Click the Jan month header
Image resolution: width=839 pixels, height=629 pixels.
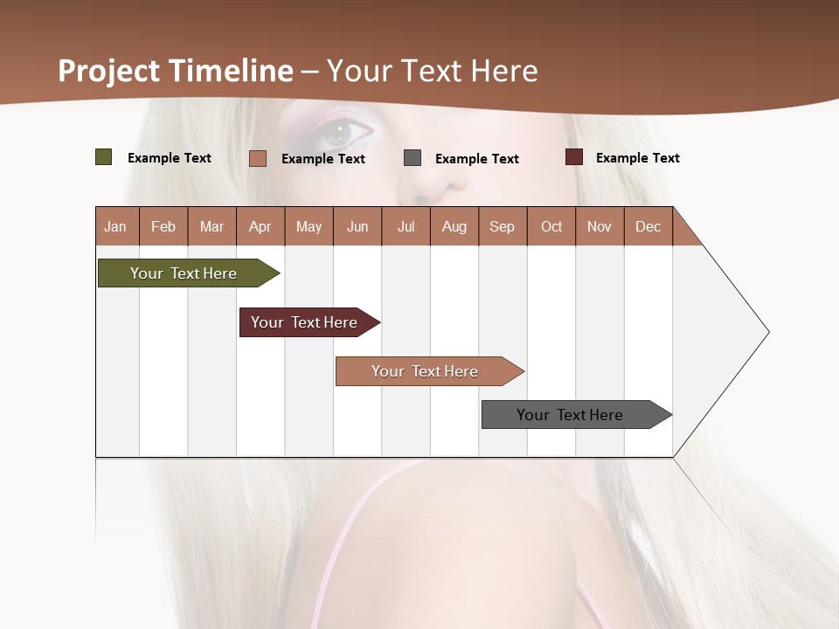[115, 226]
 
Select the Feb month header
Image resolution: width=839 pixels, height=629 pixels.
[163, 226]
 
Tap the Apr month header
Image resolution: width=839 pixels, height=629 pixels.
[260, 226]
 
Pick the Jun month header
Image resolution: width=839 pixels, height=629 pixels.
[357, 226]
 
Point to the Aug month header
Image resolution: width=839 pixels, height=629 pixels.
[454, 226]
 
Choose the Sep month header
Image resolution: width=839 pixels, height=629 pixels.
[502, 226]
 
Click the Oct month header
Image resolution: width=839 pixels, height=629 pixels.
[551, 226]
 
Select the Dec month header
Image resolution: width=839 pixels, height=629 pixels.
[648, 226]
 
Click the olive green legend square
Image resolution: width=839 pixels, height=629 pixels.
[104, 157]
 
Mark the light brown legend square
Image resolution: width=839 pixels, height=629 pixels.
[258, 158]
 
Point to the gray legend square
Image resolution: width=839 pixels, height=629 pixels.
[413, 158]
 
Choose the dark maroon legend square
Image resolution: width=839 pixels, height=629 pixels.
[574, 157]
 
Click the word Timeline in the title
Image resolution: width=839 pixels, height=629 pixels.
[231, 71]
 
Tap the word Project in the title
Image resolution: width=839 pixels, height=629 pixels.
[108, 71]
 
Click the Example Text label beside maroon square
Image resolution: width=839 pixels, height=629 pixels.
[637, 158]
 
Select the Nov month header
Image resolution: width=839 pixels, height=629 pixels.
[600, 226]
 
